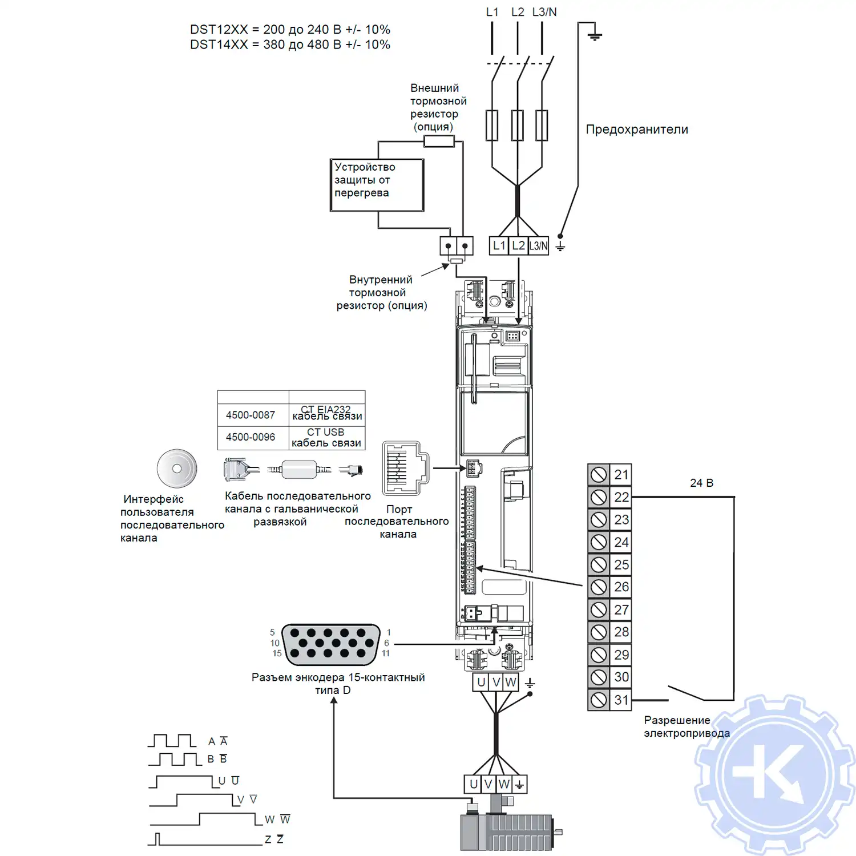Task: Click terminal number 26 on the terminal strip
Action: [x=621, y=587]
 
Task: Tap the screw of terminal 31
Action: [x=599, y=700]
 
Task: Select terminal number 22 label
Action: [x=621, y=497]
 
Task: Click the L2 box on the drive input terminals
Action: [x=518, y=246]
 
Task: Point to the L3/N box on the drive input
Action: [x=538, y=246]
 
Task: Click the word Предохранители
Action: [x=637, y=130]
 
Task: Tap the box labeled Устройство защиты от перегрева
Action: [x=377, y=185]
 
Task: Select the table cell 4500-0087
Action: [x=251, y=415]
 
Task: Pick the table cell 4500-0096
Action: [x=251, y=437]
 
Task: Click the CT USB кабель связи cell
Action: [x=326, y=438]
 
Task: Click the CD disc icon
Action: [x=177, y=469]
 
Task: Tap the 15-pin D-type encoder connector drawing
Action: [x=331, y=644]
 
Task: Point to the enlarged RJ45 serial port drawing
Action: [x=405, y=468]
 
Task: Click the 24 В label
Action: [x=701, y=483]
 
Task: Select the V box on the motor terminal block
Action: [x=488, y=785]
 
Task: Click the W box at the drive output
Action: [x=511, y=683]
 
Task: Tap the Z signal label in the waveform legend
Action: [x=268, y=839]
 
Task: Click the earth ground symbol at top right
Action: [x=595, y=36]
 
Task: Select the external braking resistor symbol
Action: [x=439, y=142]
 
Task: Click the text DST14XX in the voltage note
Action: [x=219, y=45]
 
